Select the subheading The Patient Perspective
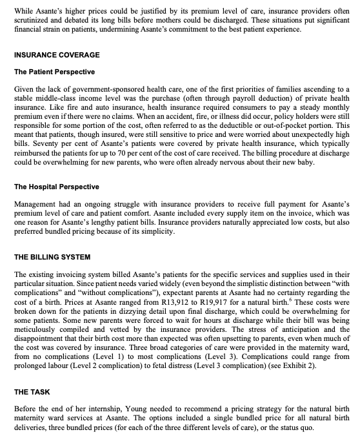(x=54, y=71)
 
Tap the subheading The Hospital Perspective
(x=56, y=187)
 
